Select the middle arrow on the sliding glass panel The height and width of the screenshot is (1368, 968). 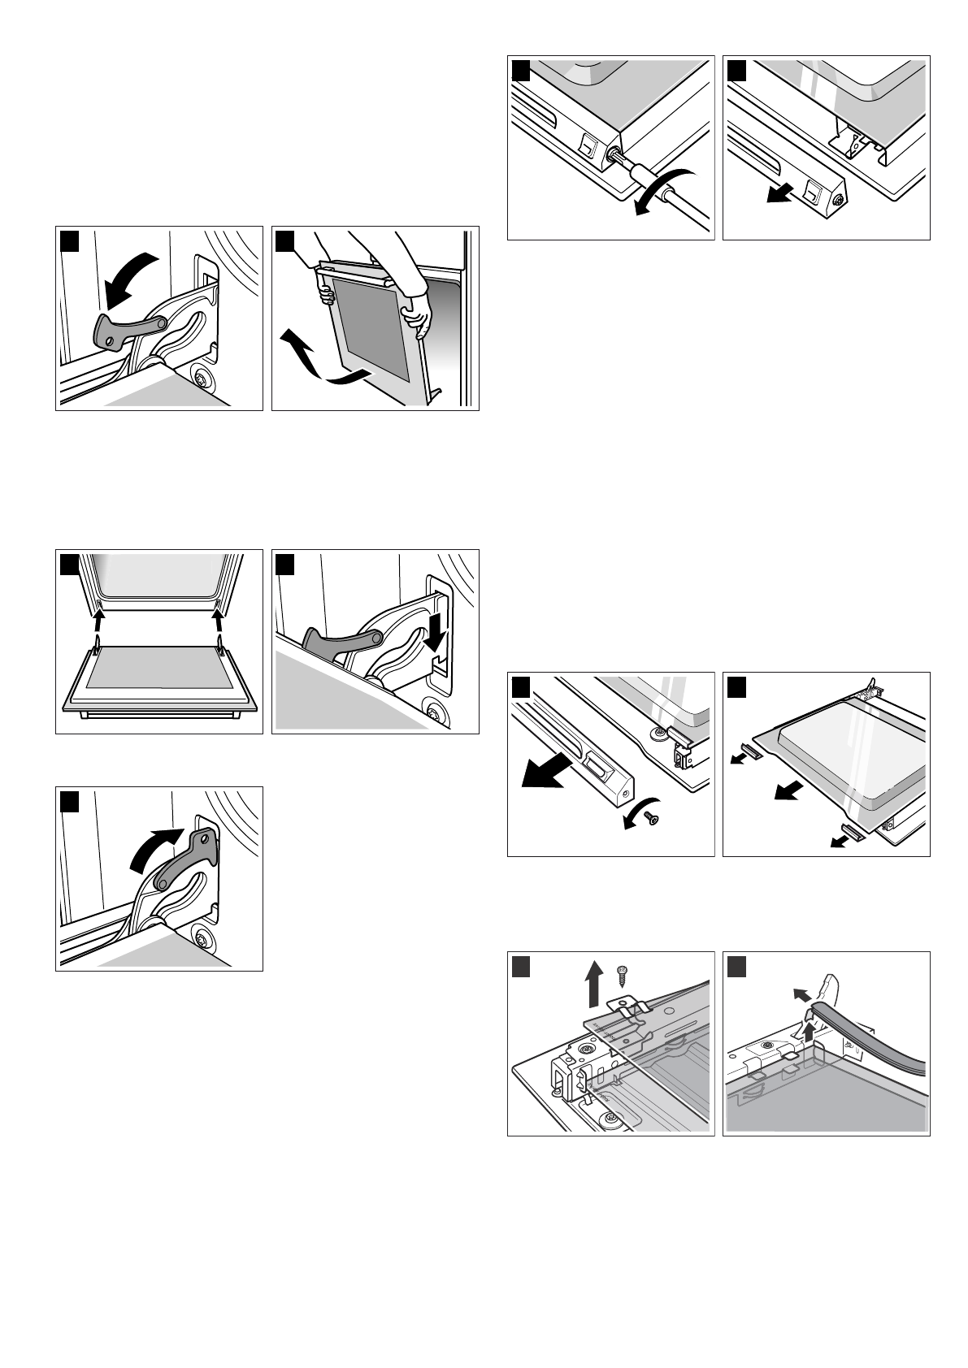tap(786, 788)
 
